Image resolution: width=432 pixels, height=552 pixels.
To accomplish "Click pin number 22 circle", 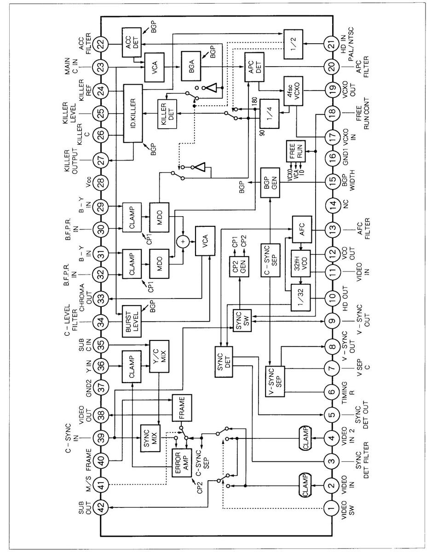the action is tap(100, 45).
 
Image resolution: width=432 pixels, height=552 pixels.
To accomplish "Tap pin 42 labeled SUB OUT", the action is tap(100, 508).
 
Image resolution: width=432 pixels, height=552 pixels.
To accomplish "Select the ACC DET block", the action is tap(132, 42).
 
